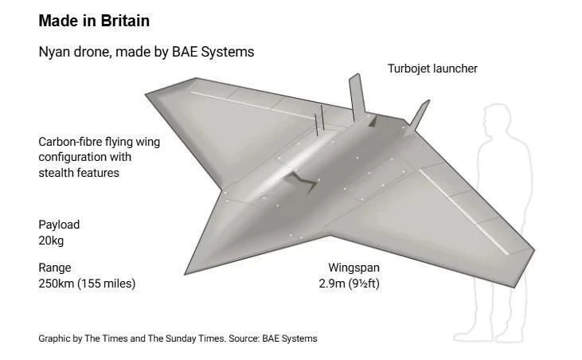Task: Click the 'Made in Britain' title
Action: tap(94, 21)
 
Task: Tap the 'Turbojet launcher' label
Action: tap(432, 68)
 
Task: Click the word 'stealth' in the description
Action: tap(56, 173)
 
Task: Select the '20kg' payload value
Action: tap(51, 241)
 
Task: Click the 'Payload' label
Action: tap(59, 225)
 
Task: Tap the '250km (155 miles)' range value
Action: tap(87, 284)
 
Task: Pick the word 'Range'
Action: tap(55, 268)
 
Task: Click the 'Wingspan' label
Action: tap(353, 268)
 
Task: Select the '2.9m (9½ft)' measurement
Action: tap(349, 284)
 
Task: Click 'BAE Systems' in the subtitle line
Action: tap(213, 52)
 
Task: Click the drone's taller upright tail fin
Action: tap(357, 96)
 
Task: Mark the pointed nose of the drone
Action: tap(186, 272)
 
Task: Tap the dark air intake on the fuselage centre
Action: tap(302, 182)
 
